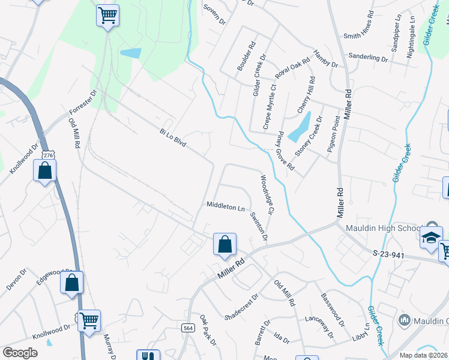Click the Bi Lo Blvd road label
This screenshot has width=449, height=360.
coord(173,139)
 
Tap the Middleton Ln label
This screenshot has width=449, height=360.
coord(225,206)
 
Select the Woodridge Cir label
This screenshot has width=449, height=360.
coord(267,194)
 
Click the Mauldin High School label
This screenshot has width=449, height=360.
coord(382,229)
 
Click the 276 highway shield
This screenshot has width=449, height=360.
coord(49,155)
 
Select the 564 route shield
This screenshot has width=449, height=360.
coord(187,327)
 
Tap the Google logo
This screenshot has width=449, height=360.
coord(20,352)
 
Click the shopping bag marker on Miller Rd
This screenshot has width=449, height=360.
coord(224,245)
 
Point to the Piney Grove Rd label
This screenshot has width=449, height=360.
coord(285,151)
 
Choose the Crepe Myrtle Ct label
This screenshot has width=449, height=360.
coord(268,107)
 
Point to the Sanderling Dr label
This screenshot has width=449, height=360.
coord(369,58)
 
